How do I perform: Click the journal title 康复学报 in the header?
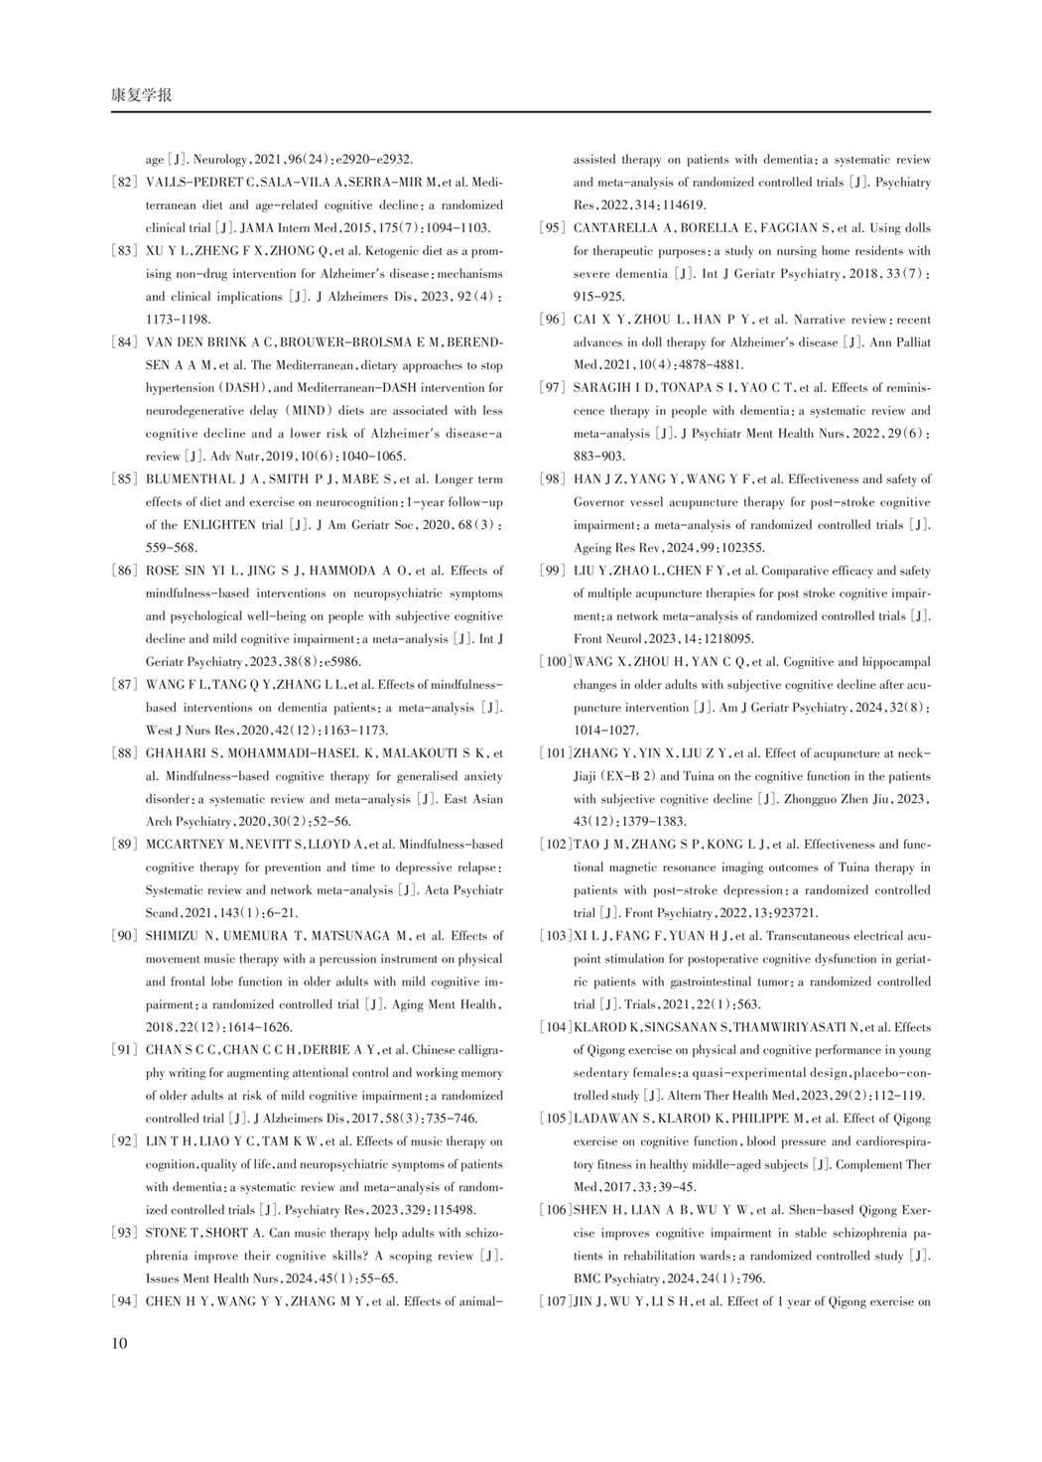(x=141, y=95)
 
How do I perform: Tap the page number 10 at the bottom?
(x=119, y=1344)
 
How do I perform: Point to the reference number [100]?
(x=555, y=662)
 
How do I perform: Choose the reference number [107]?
(x=555, y=1301)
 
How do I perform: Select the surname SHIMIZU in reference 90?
(x=175, y=936)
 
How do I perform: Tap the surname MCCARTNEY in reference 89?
(x=186, y=845)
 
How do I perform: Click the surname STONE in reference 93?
(x=165, y=1233)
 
